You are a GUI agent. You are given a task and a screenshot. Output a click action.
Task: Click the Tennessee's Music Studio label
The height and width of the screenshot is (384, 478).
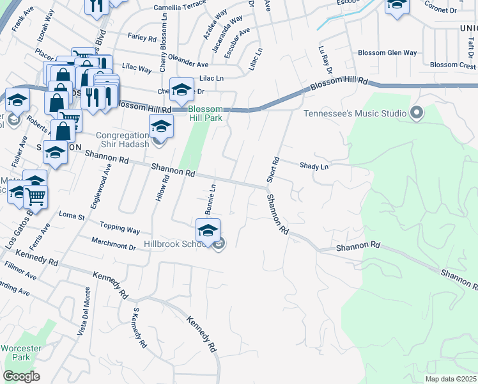[355, 114]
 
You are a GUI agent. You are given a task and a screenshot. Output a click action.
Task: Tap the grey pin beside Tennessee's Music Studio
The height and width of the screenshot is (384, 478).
[418, 113]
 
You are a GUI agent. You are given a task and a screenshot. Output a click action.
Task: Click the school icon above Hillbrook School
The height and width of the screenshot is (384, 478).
[208, 232]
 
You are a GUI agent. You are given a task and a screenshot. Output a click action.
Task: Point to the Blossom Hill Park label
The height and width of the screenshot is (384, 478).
[206, 113]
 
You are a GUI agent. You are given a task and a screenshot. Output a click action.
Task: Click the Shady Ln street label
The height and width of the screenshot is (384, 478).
[314, 166]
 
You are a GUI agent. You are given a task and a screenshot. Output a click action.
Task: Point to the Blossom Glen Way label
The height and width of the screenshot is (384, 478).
[387, 53]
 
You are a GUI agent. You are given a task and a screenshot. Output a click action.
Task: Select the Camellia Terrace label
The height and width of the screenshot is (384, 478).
[180, 8]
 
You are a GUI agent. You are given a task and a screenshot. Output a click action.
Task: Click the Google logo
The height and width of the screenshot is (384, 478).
[21, 376]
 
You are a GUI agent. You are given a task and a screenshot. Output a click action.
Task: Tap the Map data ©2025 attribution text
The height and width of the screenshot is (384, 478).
[451, 379]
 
